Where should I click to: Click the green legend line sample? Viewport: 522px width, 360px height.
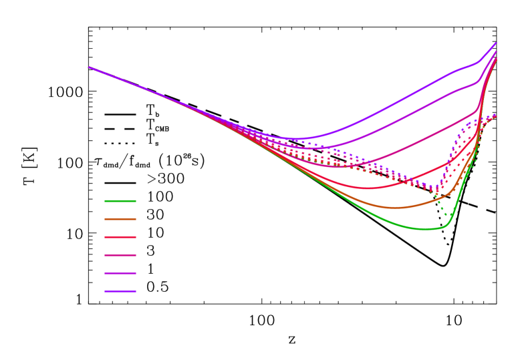[x=120, y=201]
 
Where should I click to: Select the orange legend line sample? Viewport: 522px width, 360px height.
[x=120, y=219]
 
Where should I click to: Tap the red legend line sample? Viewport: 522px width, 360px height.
[x=120, y=237]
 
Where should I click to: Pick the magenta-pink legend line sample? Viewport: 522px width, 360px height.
[x=120, y=255]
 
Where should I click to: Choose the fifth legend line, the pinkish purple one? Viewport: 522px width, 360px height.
[x=120, y=273]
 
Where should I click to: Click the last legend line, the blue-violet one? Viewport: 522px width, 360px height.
[x=120, y=291]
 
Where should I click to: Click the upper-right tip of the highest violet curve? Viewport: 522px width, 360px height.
[x=496, y=43]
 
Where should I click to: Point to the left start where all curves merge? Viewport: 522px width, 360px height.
[x=89, y=67]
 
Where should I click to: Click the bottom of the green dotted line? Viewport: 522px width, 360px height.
[x=446, y=216]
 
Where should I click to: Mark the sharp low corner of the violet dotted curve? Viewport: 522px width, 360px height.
[x=437, y=188]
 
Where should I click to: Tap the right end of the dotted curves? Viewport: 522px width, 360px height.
[x=495, y=115]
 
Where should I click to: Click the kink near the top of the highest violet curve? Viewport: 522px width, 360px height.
[x=477, y=63]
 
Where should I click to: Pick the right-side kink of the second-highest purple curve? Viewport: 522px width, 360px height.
[x=477, y=82]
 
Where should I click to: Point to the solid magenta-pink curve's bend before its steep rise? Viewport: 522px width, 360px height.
[x=477, y=108]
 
